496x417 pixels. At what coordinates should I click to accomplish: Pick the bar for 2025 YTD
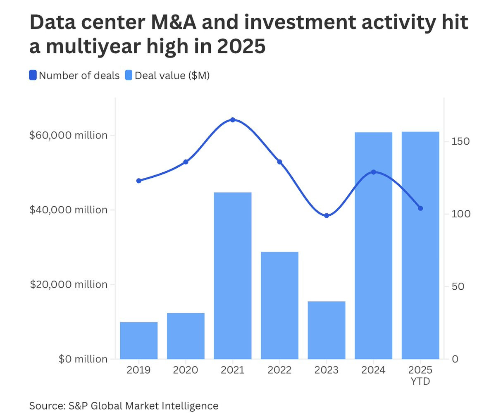tap(420, 245)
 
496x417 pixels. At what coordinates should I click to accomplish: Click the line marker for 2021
tap(232, 120)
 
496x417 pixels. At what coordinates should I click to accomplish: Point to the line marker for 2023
tap(327, 215)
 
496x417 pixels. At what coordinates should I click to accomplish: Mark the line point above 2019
tap(139, 181)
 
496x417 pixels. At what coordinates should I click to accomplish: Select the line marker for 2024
tap(373, 172)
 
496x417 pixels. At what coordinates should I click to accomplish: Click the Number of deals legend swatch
tap(33, 76)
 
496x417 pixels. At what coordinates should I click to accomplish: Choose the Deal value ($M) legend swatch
tap(129, 76)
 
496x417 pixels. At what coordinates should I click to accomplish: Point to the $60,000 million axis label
tap(68, 135)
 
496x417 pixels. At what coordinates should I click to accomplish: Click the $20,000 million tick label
tap(68, 284)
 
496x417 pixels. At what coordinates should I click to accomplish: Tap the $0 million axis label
tap(83, 359)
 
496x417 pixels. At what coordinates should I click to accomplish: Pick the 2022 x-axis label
tap(279, 370)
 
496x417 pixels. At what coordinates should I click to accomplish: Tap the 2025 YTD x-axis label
tap(420, 375)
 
